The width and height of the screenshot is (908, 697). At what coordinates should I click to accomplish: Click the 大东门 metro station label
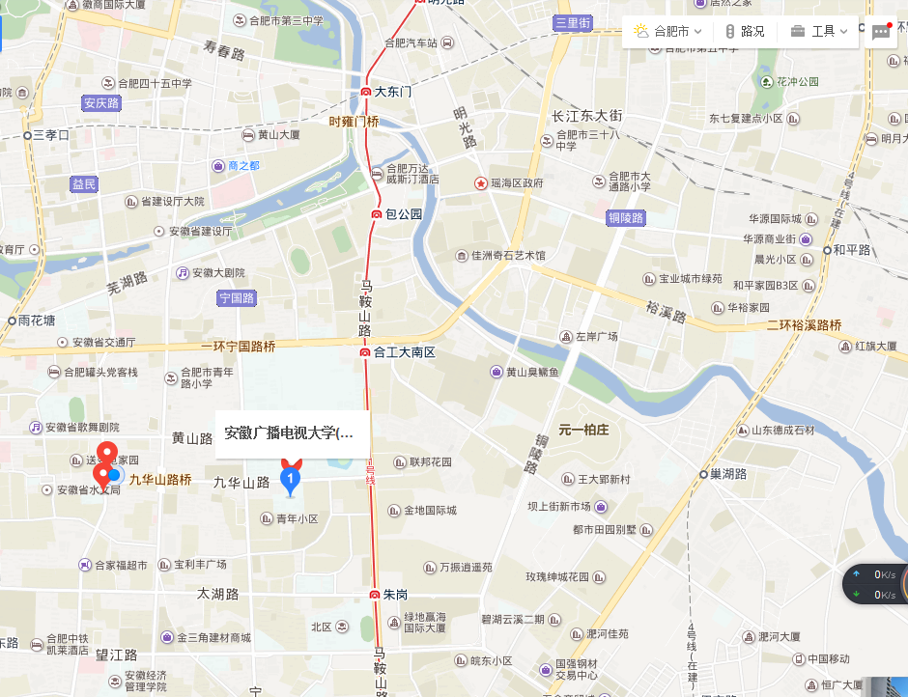392,92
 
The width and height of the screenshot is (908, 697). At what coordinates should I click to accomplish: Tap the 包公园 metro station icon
378,214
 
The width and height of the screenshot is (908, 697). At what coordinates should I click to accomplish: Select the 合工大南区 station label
404,352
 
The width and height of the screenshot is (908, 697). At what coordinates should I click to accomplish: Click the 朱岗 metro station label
394,594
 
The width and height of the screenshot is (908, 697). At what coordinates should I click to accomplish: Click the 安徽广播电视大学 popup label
289,432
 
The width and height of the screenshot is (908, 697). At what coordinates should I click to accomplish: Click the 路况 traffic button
745,31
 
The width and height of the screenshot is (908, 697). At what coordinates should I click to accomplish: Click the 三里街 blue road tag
572,23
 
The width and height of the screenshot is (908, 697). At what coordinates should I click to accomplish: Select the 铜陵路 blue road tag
625,218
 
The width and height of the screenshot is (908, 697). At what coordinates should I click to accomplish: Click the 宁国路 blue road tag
237,298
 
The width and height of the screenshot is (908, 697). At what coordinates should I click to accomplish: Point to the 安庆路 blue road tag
100,103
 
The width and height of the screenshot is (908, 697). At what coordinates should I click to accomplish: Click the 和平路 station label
852,249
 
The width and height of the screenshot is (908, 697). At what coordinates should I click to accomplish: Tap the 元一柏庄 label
583,430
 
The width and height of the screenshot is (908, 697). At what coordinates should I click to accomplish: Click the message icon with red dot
880,32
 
